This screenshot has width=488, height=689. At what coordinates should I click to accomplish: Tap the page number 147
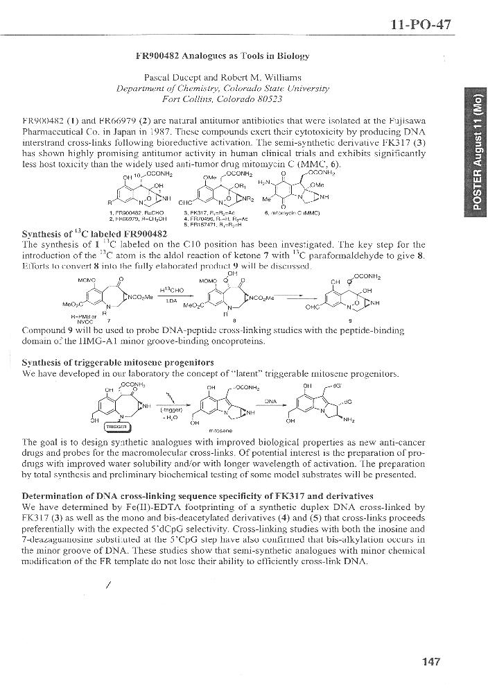click(x=430, y=661)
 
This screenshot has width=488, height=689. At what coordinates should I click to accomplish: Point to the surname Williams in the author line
click(x=281, y=77)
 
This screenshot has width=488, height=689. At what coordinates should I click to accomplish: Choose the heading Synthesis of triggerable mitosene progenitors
click(x=118, y=362)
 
